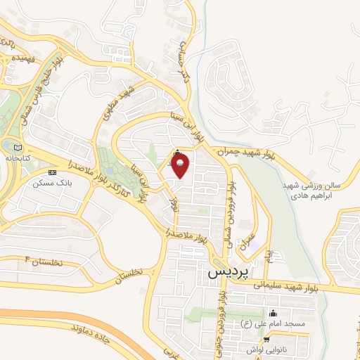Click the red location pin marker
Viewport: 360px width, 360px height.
180,165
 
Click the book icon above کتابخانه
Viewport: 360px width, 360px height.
17,148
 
